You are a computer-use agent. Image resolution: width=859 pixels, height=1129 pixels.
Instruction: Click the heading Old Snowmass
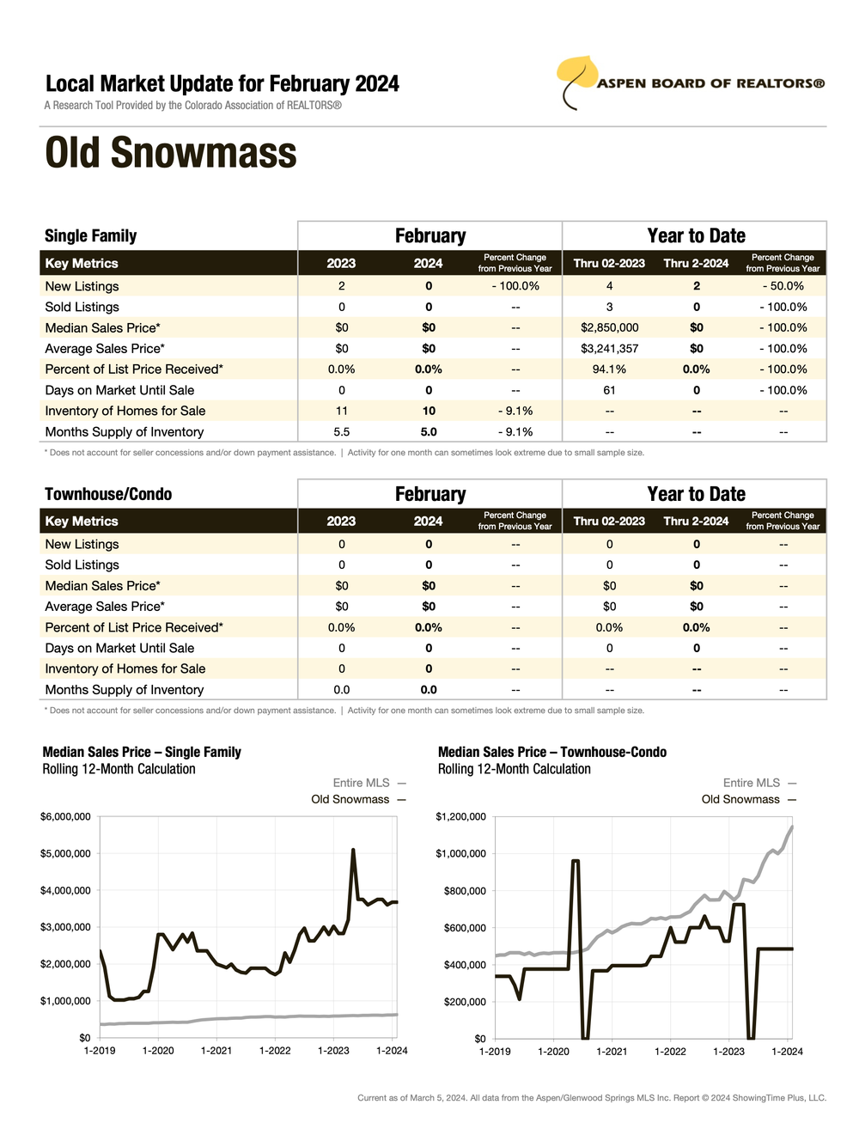tap(171, 153)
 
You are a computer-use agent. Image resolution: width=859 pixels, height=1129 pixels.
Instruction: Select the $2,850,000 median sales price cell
tap(609, 327)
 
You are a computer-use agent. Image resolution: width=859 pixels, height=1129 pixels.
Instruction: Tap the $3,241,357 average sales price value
tap(609, 349)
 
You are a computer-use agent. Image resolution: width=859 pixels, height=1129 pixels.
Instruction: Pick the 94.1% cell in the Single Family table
tap(609, 369)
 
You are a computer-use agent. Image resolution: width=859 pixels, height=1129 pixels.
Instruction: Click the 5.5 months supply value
tap(341, 432)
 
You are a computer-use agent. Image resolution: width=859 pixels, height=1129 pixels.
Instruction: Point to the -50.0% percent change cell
tap(783, 286)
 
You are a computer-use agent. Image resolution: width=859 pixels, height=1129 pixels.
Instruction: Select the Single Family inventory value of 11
tap(341, 411)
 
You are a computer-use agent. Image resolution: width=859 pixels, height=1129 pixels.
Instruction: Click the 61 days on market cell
tap(609, 390)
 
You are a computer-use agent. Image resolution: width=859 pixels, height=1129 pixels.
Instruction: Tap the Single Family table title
tap(90, 236)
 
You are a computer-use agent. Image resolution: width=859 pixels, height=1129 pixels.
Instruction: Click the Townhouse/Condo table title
tap(108, 494)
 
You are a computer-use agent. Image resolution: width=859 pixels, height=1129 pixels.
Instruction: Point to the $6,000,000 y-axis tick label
tap(65, 816)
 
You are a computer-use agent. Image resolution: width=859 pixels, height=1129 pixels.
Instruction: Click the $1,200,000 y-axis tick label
tap(460, 816)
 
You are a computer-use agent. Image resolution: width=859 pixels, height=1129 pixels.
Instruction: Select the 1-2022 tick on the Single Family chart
tap(275, 1051)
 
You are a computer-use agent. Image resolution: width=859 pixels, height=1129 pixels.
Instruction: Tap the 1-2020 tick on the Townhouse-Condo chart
tap(553, 1051)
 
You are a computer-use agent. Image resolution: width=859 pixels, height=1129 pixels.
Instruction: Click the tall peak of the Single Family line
tap(353, 851)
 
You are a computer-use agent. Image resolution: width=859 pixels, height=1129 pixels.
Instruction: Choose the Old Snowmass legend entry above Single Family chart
tap(358, 799)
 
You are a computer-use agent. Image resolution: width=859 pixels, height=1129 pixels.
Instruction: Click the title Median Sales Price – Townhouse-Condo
tap(552, 752)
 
